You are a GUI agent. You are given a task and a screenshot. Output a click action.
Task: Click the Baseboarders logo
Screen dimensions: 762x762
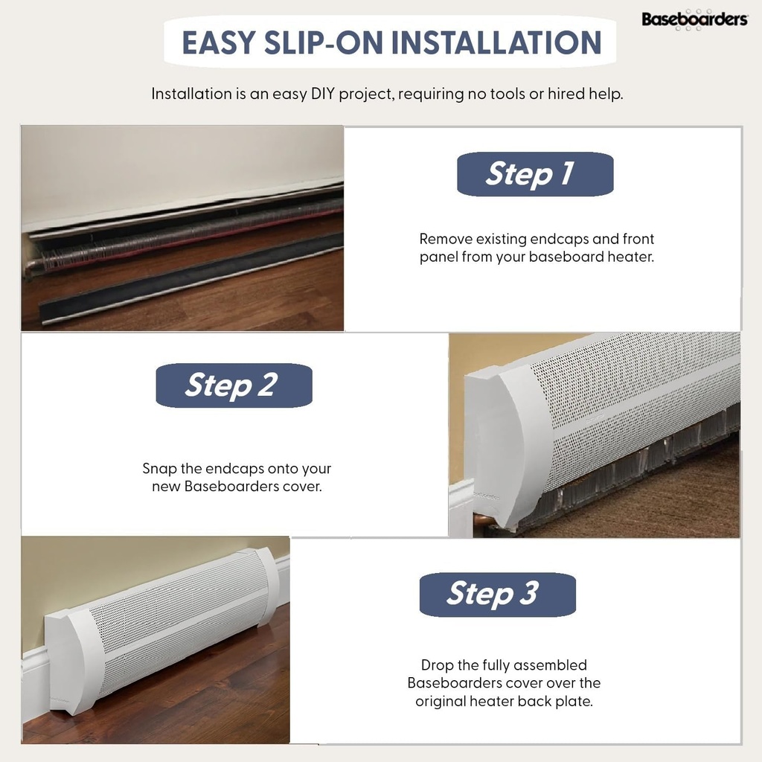click(694, 19)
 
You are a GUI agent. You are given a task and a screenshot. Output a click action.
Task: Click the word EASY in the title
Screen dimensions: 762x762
click(219, 42)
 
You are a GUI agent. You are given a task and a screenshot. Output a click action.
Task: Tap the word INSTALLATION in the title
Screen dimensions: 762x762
click(496, 42)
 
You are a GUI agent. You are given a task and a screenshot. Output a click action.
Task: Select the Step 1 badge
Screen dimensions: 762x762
click(535, 174)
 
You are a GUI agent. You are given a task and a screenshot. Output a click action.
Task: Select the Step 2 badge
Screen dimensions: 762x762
click(234, 385)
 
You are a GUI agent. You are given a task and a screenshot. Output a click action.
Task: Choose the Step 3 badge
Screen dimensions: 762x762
click(497, 595)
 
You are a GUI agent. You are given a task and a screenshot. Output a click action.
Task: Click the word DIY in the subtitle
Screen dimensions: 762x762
click(323, 94)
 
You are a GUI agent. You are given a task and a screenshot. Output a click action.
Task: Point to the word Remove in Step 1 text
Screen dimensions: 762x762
click(446, 239)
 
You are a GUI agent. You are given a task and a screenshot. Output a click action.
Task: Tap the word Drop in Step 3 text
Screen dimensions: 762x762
click(437, 665)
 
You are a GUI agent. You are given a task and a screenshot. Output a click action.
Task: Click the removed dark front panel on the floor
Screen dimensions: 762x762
click(190, 277)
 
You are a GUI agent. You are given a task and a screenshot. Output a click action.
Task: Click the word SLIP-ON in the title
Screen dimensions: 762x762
click(323, 42)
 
